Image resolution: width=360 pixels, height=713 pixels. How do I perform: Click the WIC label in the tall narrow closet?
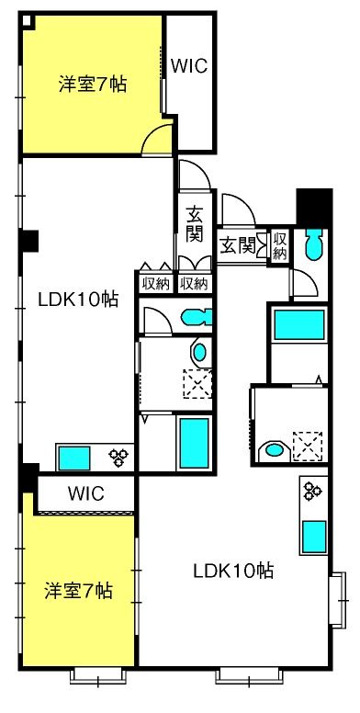point(189,66)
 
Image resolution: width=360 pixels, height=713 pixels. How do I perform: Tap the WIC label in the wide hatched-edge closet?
point(86,492)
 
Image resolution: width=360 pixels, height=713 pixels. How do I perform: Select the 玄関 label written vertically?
point(194,224)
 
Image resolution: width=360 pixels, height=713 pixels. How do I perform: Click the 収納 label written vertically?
point(280,246)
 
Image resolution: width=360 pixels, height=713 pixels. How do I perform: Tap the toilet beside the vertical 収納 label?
point(314,244)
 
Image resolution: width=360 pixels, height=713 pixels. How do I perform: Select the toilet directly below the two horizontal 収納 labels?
point(197,317)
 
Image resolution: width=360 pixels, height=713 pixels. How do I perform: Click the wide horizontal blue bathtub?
point(299,324)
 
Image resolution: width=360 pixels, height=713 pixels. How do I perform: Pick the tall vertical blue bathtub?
point(194,444)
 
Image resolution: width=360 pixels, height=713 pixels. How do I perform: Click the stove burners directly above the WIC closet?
point(119,457)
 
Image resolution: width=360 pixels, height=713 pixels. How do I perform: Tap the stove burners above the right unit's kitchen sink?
point(313,490)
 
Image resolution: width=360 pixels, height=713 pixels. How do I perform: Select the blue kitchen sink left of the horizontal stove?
point(73,458)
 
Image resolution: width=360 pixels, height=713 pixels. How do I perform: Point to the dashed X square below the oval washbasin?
point(197,383)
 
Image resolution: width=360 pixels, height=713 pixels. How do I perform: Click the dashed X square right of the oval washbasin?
point(308,447)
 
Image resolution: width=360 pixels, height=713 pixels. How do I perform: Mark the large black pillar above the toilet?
point(314,208)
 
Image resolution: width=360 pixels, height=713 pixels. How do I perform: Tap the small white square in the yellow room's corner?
point(27,20)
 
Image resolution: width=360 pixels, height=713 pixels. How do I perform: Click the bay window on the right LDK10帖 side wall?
point(337,600)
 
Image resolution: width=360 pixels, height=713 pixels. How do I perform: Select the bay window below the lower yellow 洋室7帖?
point(97,675)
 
